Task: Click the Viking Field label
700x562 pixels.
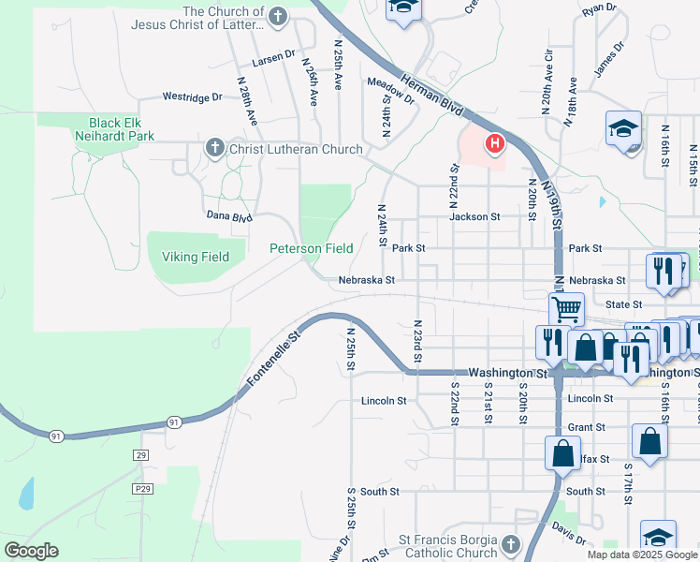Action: point(196,257)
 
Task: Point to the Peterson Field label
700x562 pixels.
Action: point(312,248)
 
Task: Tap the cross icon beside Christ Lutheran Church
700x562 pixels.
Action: point(214,148)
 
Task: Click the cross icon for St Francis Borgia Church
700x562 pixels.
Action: point(510,544)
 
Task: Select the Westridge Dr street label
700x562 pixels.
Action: point(192,96)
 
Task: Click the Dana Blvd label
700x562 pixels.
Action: point(229,215)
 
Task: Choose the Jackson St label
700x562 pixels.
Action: point(474,216)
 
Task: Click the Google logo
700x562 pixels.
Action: point(31,551)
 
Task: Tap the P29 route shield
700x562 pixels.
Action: point(142,489)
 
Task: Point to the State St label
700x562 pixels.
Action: point(623,304)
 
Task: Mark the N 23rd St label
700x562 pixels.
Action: point(417,340)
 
